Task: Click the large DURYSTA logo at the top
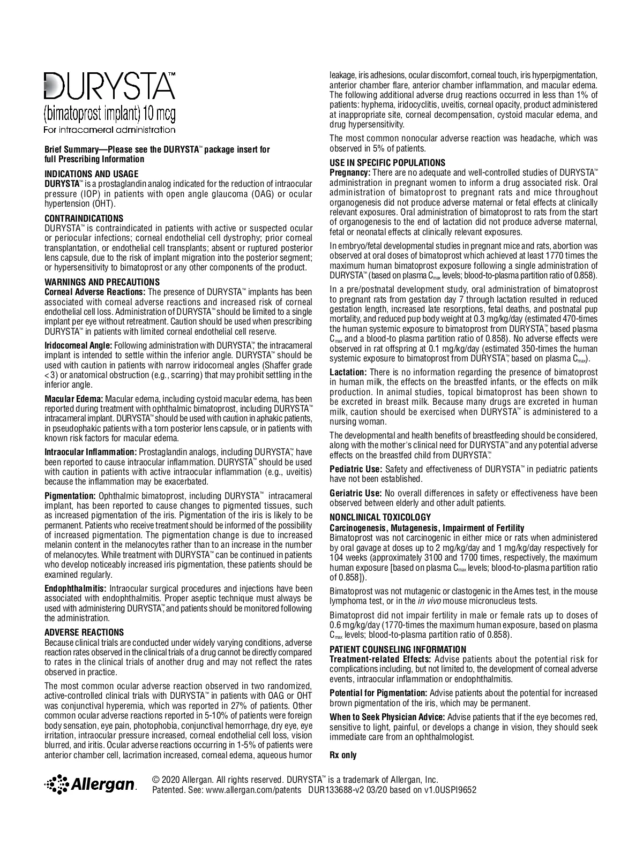click(x=109, y=86)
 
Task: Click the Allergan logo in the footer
click(x=91, y=784)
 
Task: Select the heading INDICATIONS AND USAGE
click(x=91, y=174)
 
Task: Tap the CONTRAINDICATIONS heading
click(x=84, y=218)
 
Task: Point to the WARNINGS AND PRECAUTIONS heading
click(x=102, y=282)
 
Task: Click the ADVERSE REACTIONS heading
click(x=84, y=632)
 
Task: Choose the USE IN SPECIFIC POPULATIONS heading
click(x=387, y=163)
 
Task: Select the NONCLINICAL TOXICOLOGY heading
click(x=380, y=517)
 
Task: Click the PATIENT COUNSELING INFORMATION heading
click(x=398, y=649)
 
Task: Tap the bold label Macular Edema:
click(x=73, y=399)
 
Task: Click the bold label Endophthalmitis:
click(x=76, y=589)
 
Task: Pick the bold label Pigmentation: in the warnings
click(x=70, y=496)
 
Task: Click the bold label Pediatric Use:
click(x=355, y=469)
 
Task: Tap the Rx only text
click(x=343, y=756)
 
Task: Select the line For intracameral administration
click(x=109, y=130)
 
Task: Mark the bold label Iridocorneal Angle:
click(x=78, y=345)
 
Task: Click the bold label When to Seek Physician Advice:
click(x=387, y=717)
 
